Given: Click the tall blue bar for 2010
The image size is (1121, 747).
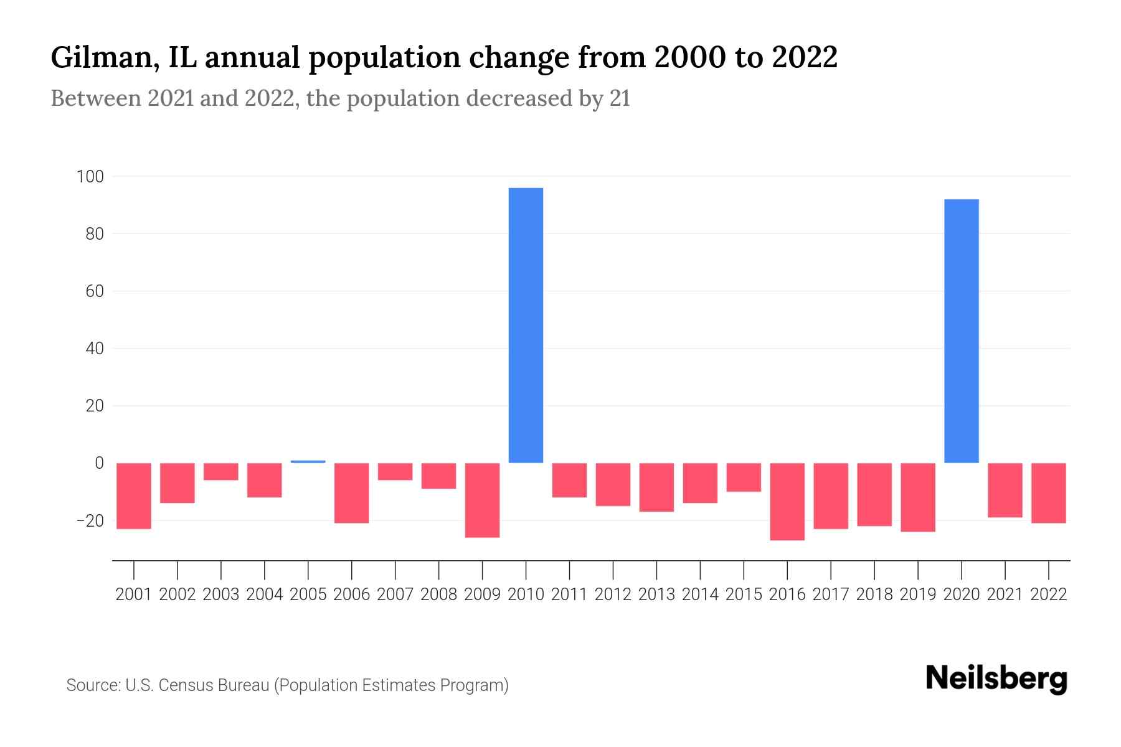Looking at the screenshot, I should pyautogui.click(x=526, y=325).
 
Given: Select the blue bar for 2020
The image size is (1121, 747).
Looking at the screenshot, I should pyautogui.click(x=962, y=331).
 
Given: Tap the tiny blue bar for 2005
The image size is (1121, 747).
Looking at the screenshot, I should pyautogui.click(x=308, y=461).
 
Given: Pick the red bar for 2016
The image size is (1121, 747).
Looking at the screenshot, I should pyautogui.click(x=787, y=501).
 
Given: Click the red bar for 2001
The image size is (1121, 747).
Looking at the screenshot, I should pyautogui.click(x=134, y=496).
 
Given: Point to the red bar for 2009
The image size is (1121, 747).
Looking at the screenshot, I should pyautogui.click(x=483, y=500).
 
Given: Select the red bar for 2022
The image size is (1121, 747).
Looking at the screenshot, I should pyautogui.click(x=1049, y=493).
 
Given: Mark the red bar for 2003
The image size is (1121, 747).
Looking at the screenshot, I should pyautogui.click(x=221, y=471).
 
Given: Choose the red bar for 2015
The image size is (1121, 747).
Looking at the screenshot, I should pyautogui.click(x=744, y=477).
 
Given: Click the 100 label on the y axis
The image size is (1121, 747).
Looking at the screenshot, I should pyautogui.click(x=90, y=177).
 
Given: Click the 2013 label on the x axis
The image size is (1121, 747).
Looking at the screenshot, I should pyautogui.click(x=656, y=594).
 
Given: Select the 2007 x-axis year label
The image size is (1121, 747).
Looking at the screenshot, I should pyautogui.click(x=395, y=594).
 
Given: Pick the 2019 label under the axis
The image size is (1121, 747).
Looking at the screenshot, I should pyautogui.click(x=918, y=594).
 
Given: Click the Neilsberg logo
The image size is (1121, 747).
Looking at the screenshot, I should pyautogui.click(x=996, y=679).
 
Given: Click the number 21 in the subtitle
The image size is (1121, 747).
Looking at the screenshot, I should pyautogui.click(x=620, y=99).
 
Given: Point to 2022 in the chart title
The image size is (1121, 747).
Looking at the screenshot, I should pyautogui.click(x=804, y=58).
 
